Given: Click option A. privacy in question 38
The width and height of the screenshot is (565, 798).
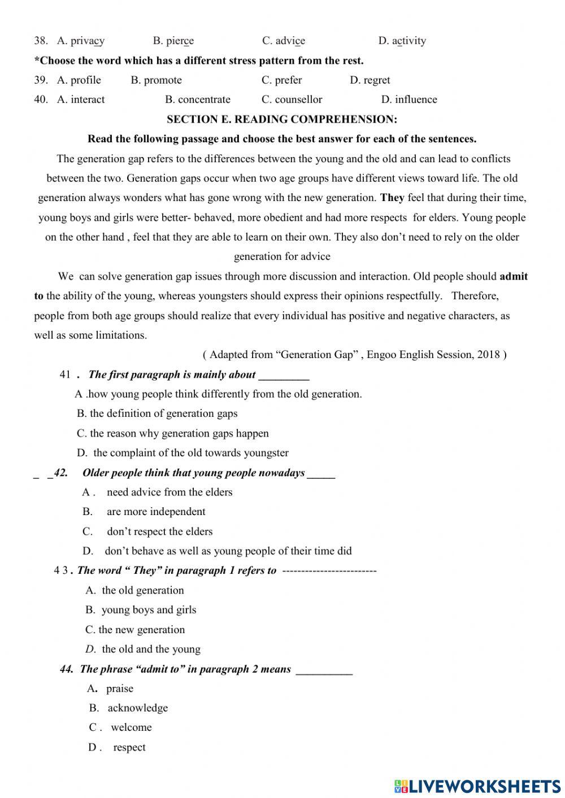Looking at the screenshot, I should pyautogui.click(x=81, y=41).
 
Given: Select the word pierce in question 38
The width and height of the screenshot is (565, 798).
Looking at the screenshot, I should pyautogui.click(x=180, y=41).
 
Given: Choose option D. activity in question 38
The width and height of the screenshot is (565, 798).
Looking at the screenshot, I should pyautogui.click(x=402, y=41).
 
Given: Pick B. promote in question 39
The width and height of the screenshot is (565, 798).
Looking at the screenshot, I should pyautogui.click(x=157, y=80).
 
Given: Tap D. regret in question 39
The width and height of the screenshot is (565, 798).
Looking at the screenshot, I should pyautogui.click(x=370, y=80).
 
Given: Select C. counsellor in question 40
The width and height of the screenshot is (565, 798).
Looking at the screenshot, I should pyautogui.click(x=292, y=99).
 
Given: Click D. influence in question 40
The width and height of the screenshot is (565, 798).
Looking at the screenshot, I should pyautogui.click(x=409, y=99).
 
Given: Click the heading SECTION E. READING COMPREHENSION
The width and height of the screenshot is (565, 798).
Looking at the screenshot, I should pyautogui.click(x=282, y=119).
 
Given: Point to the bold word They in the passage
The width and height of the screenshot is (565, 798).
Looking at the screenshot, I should pyautogui.click(x=392, y=198).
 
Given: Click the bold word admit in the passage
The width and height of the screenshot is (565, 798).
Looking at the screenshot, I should pyautogui.click(x=514, y=276).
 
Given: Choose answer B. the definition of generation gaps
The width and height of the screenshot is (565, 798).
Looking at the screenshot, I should pyautogui.click(x=157, y=413).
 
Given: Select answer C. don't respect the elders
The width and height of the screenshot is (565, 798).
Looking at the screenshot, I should pyautogui.click(x=147, y=531).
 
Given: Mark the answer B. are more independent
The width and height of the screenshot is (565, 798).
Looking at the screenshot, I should pyautogui.click(x=144, y=512).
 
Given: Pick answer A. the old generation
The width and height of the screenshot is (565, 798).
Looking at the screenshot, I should pyautogui.click(x=135, y=590).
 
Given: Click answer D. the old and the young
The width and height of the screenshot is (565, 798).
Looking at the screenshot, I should pyautogui.click(x=143, y=649).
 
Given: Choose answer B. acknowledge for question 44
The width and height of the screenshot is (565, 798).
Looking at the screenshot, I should pyautogui.click(x=129, y=708).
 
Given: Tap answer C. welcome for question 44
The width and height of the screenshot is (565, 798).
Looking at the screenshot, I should pyautogui.click(x=120, y=727).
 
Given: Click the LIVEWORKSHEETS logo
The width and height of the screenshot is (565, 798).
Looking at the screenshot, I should pyautogui.click(x=477, y=786).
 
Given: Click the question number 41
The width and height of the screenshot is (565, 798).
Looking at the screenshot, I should pyautogui.click(x=65, y=374).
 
